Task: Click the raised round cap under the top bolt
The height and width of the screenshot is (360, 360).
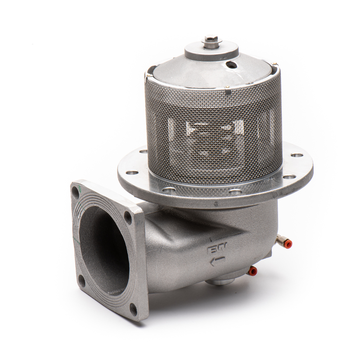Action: pyautogui.click(x=211, y=50)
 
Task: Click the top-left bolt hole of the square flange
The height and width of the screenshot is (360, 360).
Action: pyautogui.click(x=76, y=192)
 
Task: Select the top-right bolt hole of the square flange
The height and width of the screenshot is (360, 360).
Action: pyautogui.click(x=128, y=217)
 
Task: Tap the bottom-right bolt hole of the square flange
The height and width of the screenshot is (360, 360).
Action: pyautogui.click(x=133, y=308)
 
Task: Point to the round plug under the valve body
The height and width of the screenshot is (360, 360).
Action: pyautogui.click(x=221, y=281)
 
